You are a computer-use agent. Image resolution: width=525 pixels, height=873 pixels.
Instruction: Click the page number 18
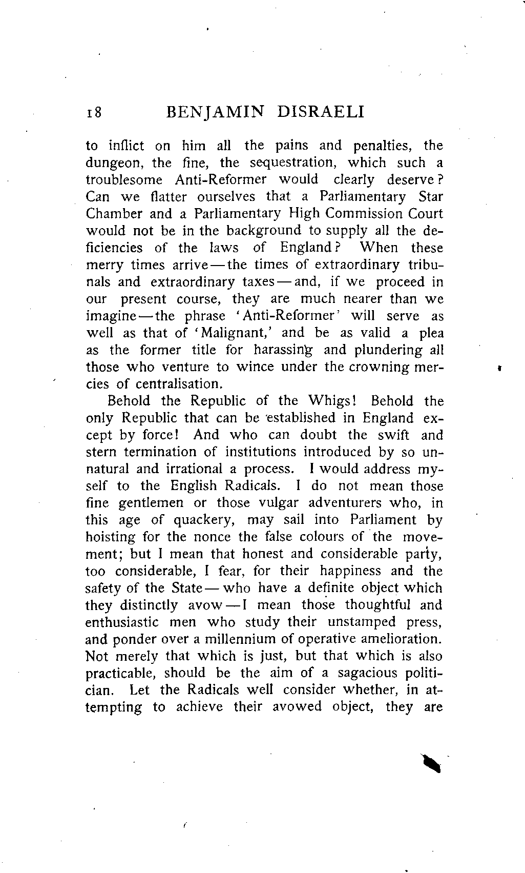pyautogui.click(x=94, y=112)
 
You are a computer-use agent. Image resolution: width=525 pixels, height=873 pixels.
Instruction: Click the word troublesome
pyautogui.click(x=124, y=180)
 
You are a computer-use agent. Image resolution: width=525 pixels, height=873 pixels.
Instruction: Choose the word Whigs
pyautogui.click(x=335, y=401)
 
